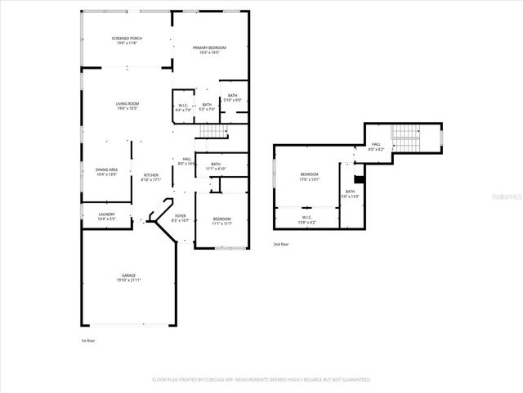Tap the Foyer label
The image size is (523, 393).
(x=180, y=218)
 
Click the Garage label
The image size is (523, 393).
(x=129, y=277)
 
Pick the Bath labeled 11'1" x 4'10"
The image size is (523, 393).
(x=216, y=166)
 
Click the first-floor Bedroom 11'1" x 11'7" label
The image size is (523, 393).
(x=222, y=220)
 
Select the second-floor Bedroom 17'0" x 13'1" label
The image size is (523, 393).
(x=309, y=176)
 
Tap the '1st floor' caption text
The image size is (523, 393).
(x=88, y=338)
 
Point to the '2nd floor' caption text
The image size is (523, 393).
(x=281, y=244)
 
